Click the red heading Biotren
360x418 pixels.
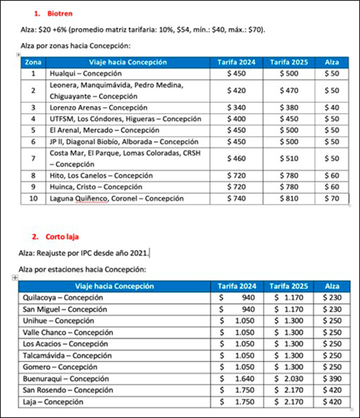click(x=60, y=13)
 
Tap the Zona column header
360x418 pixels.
click(x=33, y=62)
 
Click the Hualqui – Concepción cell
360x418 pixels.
click(x=86, y=74)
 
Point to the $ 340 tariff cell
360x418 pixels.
click(x=236, y=107)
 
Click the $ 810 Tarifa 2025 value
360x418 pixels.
click(x=289, y=198)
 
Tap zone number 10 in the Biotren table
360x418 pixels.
click(x=33, y=198)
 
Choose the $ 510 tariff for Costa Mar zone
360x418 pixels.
click(x=289, y=158)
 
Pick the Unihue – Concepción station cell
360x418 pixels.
click(x=58, y=321)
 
